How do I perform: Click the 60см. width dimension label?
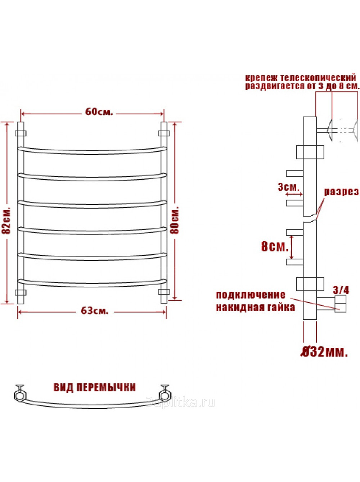99,112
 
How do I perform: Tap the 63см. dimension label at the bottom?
95,311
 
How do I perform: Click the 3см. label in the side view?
289,187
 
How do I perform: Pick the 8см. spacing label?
275,247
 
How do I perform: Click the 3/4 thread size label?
341,290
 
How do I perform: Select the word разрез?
342,192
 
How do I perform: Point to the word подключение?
251,295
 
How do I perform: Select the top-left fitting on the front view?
21,133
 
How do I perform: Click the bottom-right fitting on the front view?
164,292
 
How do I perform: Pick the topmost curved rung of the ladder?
92,151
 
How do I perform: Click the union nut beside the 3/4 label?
340,304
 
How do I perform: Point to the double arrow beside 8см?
292,247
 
